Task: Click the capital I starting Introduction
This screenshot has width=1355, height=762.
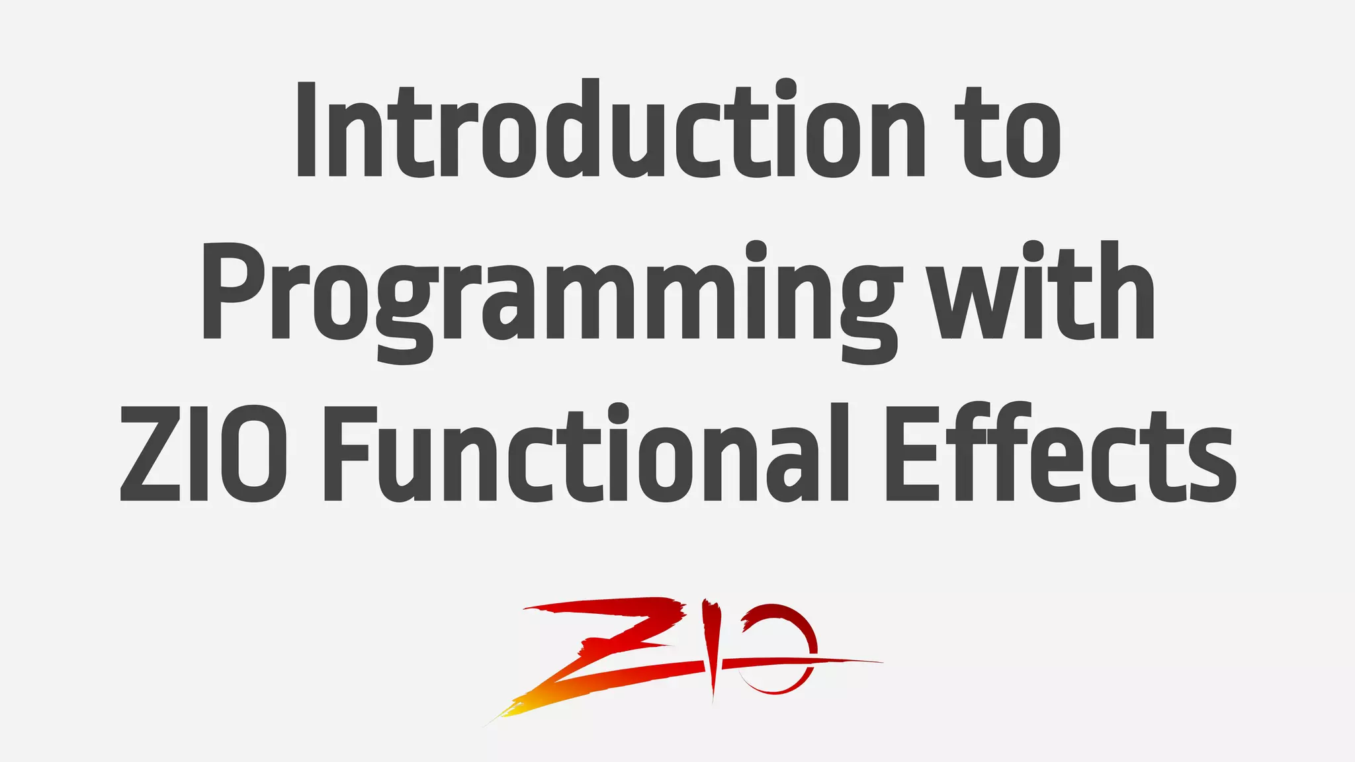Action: point(306,130)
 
